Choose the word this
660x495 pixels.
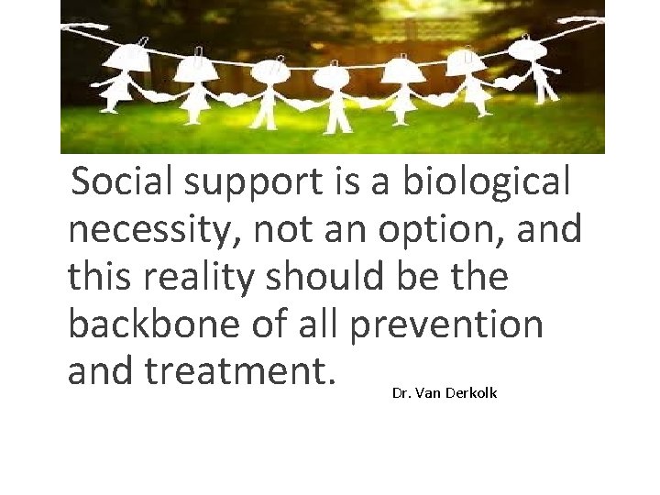coord(102,277)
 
